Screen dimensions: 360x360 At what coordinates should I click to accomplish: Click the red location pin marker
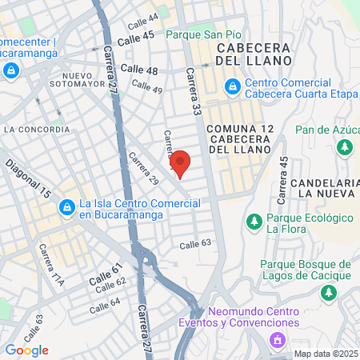tap(181, 163)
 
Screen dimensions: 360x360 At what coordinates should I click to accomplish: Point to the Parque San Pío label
tap(202, 34)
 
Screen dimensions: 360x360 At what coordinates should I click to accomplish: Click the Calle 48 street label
tap(141, 71)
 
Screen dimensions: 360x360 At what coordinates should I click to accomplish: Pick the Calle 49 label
tap(146, 86)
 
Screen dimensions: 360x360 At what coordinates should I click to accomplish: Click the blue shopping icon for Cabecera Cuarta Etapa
tap(231, 86)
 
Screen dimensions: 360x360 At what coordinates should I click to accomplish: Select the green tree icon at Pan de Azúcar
tap(345, 147)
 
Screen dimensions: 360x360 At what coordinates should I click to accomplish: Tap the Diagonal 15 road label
tap(28, 179)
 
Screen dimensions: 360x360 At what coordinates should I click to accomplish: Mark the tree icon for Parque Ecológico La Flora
tap(254, 220)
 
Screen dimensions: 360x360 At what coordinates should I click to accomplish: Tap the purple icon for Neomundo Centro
tap(277, 340)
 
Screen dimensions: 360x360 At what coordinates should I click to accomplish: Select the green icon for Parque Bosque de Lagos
tap(327, 294)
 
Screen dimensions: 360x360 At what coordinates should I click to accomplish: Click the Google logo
tap(26, 350)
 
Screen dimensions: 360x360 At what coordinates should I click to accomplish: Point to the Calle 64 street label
tap(105, 305)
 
